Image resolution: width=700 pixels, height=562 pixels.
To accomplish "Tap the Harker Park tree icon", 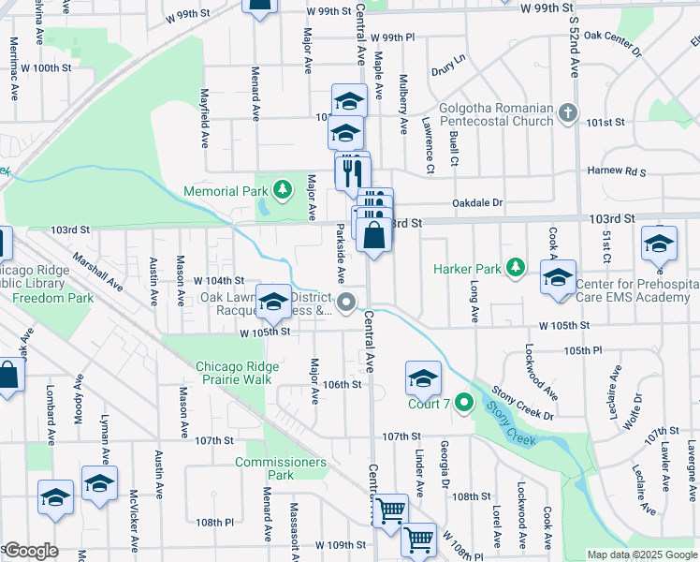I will click(515, 269).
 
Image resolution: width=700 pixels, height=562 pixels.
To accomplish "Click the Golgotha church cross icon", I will click(567, 114).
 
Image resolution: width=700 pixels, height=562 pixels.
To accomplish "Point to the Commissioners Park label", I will click(281, 468).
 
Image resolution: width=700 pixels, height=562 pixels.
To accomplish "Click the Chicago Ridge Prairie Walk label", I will click(234, 373).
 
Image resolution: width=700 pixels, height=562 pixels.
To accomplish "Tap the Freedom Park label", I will click(53, 299).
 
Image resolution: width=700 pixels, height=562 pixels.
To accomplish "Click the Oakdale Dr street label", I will click(477, 202).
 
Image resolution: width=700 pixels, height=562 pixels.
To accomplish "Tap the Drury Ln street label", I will click(448, 70).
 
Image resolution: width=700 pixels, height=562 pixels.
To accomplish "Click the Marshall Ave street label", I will click(97, 274).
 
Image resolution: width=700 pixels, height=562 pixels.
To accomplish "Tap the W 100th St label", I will click(46, 68).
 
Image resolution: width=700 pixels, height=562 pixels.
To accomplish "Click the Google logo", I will click(31, 551).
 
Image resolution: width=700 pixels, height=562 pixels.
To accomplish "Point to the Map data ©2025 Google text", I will click(641, 555).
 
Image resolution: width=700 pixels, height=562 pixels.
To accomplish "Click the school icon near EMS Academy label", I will click(559, 277).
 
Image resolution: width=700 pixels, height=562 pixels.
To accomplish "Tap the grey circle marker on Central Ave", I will click(347, 302).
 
